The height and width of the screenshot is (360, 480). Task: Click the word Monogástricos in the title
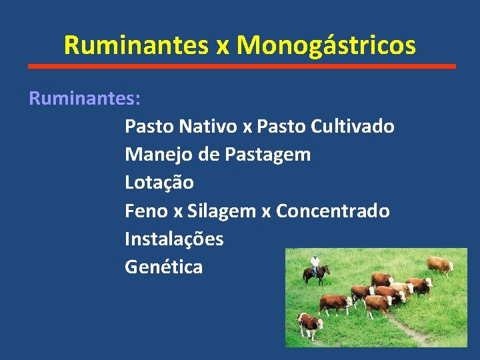(326, 45)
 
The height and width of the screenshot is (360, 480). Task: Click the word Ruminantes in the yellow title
(136, 45)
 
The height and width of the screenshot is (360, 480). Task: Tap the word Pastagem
(267, 155)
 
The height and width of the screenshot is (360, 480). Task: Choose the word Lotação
(159, 182)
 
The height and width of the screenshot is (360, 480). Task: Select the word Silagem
(221, 211)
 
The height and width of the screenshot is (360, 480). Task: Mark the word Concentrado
(333, 211)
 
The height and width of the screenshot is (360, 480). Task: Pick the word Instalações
(174, 239)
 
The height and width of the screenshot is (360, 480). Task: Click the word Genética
(163, 267)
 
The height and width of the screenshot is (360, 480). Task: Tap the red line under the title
(242, 66)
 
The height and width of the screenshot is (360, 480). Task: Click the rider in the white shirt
(315, 263)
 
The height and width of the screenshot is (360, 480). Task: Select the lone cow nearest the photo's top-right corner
(440, 265)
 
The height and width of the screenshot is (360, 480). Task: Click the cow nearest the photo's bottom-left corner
(310, 325)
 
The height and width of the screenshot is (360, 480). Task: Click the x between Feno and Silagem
(177, 212)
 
